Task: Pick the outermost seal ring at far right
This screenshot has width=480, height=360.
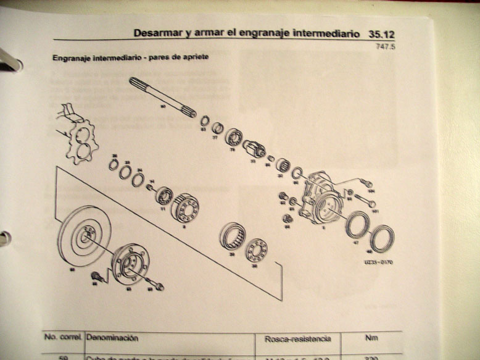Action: pos(382,238)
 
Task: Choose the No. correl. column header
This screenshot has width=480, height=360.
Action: pos(63,338)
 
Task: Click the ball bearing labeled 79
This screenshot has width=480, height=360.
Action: pos(234,137)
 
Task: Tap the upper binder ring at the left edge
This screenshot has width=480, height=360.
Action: pos(9,59)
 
